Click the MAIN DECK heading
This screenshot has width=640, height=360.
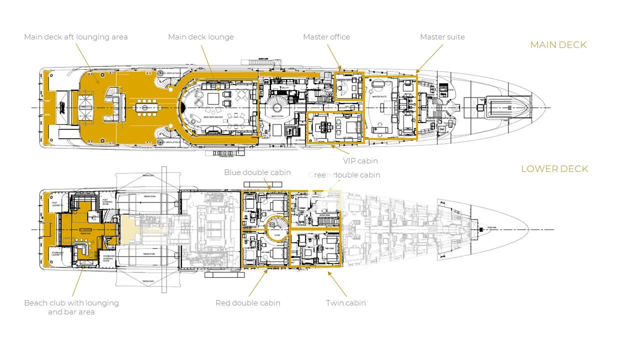[x=558, y=45]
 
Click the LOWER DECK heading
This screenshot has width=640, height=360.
[x=554, y=169]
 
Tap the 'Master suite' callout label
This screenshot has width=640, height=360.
[x=442, y=37]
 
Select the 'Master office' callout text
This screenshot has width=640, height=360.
[x=326, y=37]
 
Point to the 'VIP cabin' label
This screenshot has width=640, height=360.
[x=360, y=161]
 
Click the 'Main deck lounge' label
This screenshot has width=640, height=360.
[x=200, y=37]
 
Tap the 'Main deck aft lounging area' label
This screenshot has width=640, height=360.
[x=75, y=37]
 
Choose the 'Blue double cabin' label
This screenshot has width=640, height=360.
[x=257, y=172]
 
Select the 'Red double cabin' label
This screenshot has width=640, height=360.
[x=247, y=303]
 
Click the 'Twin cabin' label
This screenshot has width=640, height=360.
[x=345, y=303]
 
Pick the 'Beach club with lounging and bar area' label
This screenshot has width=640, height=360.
[x=71, y=307]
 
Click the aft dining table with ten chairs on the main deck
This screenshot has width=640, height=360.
[x=145, y=107]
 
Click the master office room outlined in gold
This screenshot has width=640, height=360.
[x=348, y=86]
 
